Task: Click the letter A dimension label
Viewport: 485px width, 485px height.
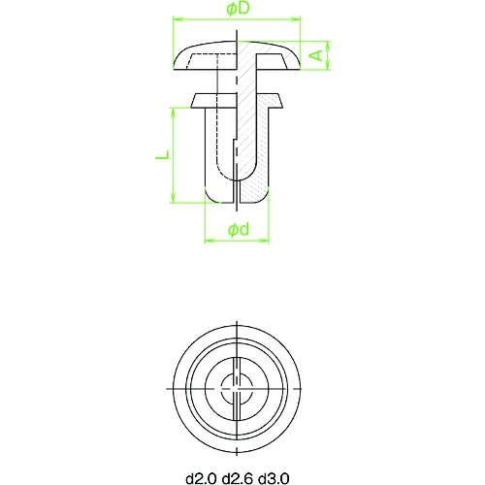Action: tap(316, 55)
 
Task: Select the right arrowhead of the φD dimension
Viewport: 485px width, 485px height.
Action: tap(296, 18)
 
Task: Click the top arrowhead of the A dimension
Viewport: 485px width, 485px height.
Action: tap(328, 44)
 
